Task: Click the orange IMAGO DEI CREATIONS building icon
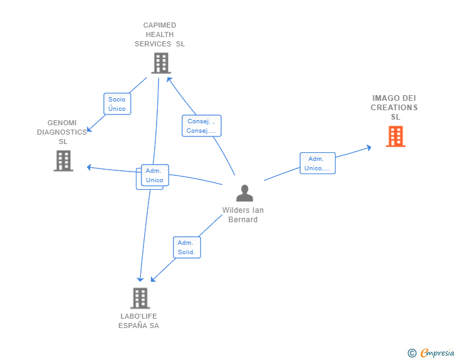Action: (395, 136)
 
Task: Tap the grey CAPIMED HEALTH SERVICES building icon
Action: (161, 63)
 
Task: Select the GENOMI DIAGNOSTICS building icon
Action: (63, 160)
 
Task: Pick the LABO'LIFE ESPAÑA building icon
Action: (140, 298)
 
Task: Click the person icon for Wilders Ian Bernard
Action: (244, 193)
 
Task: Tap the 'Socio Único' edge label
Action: (117, 104)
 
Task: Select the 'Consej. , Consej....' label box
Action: (202, 126)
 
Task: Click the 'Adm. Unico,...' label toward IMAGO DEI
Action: (318, 163)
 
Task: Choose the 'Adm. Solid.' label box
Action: (187, 247)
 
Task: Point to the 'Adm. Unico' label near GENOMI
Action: (154, 175)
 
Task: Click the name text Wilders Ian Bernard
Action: (243, 215)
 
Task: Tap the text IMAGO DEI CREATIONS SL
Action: (394, 108)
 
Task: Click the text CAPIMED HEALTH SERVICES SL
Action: (160, 34)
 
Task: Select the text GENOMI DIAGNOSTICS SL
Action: (62, 132)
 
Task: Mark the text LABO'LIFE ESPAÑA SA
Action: (138, 321)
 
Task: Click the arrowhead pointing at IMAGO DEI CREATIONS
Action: (369, 148)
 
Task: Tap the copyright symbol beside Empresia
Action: (412, 353)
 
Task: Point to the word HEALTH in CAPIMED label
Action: (159, 34)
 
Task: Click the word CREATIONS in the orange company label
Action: (394, 108)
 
